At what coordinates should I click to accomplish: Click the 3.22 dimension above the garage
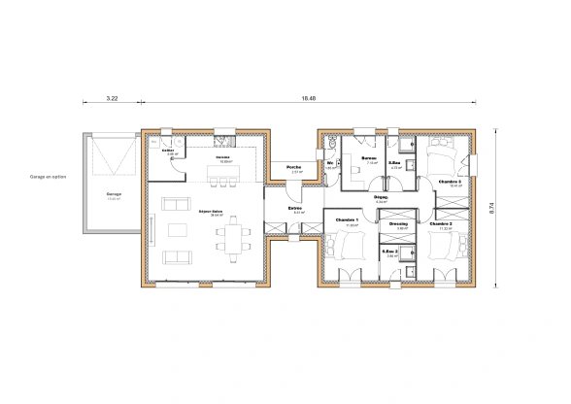111,99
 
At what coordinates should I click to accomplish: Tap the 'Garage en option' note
49,178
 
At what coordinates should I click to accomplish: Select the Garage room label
114,193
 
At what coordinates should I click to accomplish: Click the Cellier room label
168,151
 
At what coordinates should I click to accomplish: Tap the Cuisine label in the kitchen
223,156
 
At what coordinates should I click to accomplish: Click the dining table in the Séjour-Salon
233,233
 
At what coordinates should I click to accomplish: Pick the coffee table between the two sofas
178,230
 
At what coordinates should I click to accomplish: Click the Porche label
292,168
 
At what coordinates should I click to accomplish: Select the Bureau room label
369,158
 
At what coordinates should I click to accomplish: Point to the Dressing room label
396,223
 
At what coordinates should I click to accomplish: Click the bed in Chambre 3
445,154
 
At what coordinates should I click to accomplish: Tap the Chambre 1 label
347,220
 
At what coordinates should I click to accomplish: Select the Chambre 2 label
441,223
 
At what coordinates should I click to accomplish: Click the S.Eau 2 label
390,252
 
